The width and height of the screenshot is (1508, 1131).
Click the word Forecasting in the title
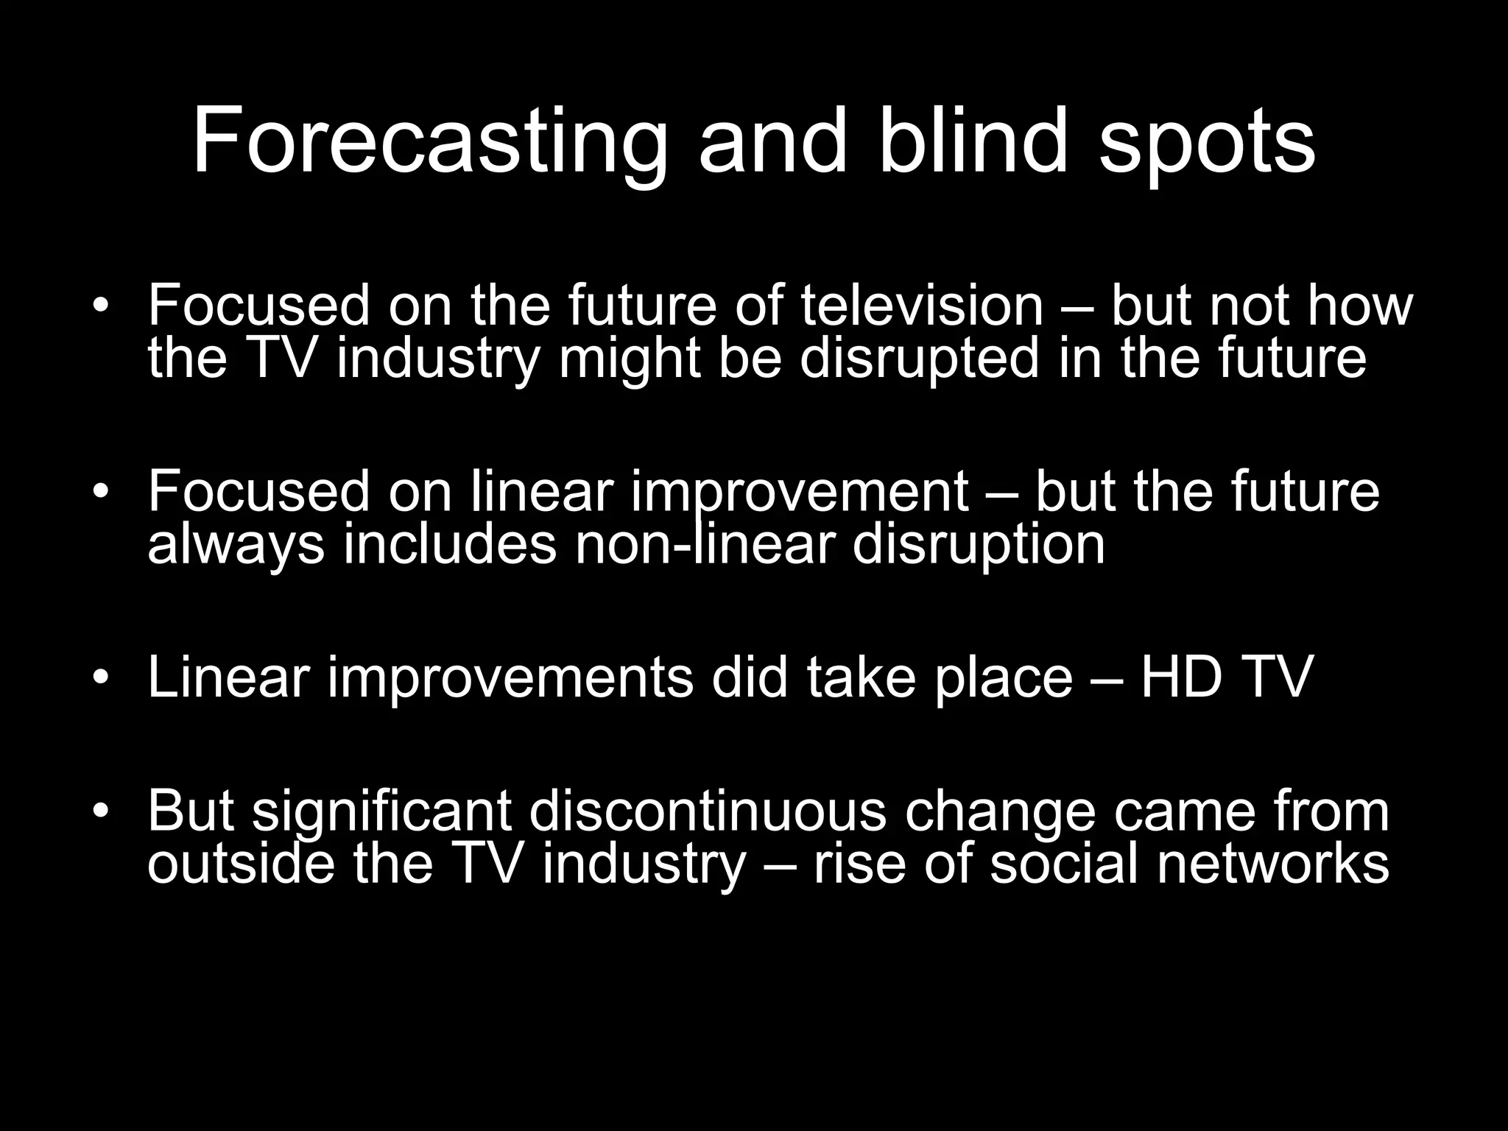coord(430,141)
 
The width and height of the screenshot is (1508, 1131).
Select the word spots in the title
coord(1207,144)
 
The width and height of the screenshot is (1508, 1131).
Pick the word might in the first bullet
coord(630,359)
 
